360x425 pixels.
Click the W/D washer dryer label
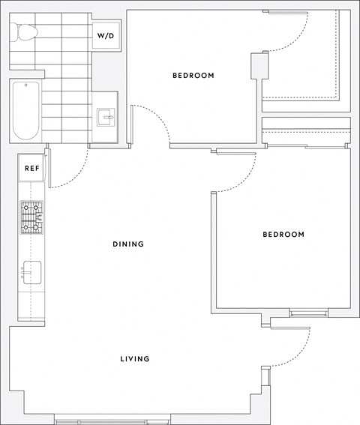click(105, 36)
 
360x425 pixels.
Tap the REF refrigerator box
click(31, 169)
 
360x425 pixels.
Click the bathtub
click(25, 111)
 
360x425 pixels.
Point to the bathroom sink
click(106, 116)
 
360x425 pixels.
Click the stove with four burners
click(31, 218)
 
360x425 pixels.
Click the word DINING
click(127, 244)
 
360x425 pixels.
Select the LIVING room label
click(135, 359)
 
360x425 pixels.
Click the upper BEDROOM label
click(193, 76)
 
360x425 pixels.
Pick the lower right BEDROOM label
click(283, 235)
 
